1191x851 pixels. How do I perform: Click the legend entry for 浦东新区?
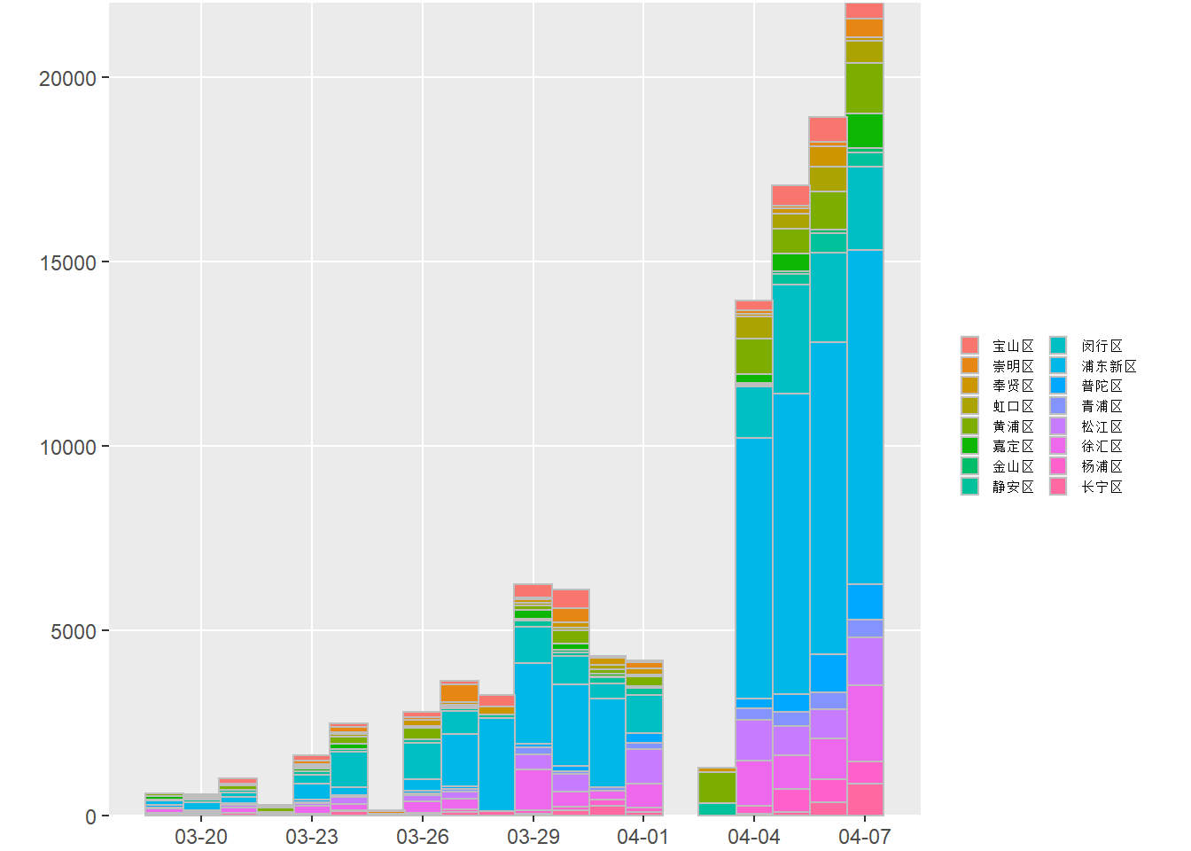(x=1108, y=366)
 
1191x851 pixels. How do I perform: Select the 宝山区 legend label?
(x=1013, y=346)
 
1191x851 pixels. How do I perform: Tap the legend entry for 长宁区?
(x=1101, y=487)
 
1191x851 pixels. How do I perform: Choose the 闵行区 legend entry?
(x=1101, y=346)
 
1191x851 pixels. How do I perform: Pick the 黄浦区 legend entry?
(x=1013, y=426)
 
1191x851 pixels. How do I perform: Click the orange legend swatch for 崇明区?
(x=969, y=365)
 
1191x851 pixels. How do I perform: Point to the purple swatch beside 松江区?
(x=1058, y=426)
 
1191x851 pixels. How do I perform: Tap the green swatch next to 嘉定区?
(x=969, y=446)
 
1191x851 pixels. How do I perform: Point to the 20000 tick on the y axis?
(x=67, y=78)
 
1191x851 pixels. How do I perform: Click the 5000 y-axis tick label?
(x=73, y=631)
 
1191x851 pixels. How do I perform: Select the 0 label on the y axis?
(x=90, y=816)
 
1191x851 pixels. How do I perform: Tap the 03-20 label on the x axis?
(x=201, y=837)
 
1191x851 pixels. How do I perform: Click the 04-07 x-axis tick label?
(x=865, y=837)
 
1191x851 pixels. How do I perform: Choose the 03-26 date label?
(x=423, y=837)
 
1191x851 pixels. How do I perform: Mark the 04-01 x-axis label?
(x=643, y=837)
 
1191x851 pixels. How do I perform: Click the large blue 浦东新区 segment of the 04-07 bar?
(x=865, y=417)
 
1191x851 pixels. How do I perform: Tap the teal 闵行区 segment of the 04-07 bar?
(x=865, y=208)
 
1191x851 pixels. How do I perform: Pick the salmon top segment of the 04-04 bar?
(x=754, y=305)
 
